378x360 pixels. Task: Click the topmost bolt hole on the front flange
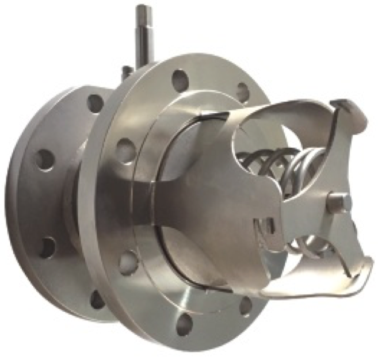point(180,78)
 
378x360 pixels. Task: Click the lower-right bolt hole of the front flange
point(246,305)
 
